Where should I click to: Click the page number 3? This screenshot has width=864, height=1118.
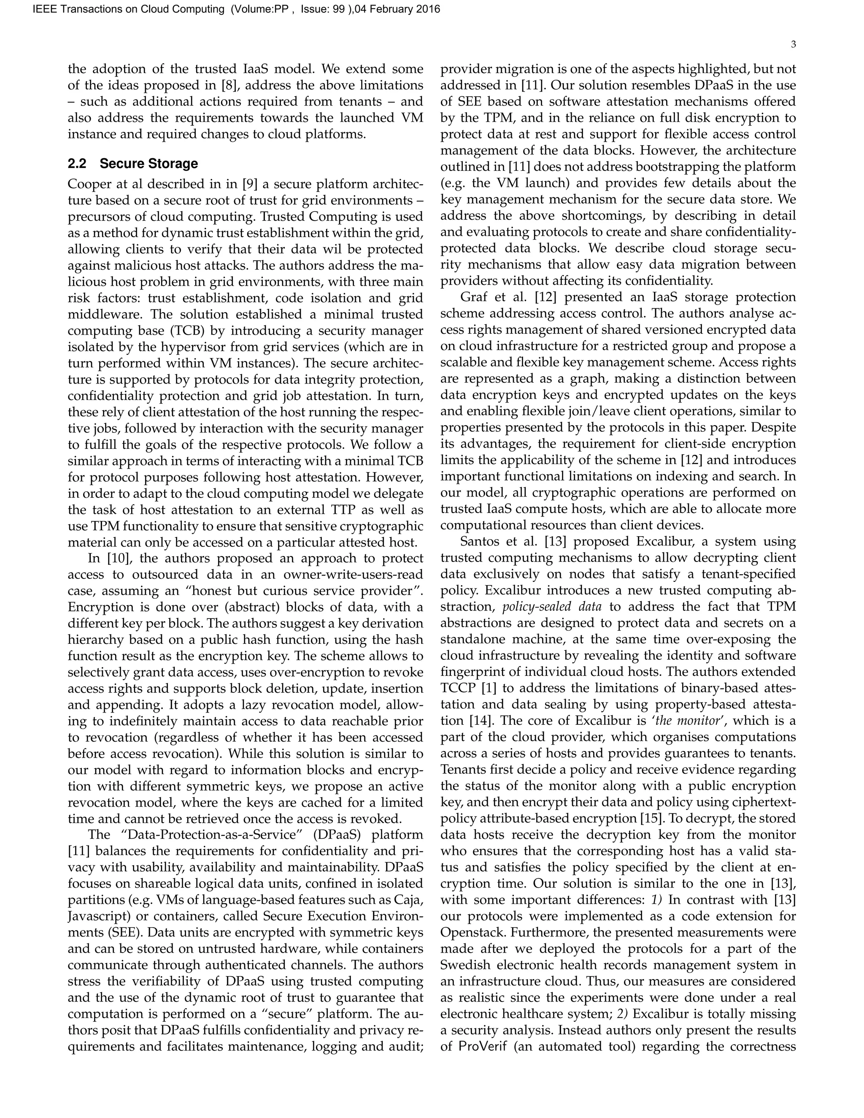coord(793,45)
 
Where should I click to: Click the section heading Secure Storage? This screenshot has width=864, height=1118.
coord(148,164)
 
